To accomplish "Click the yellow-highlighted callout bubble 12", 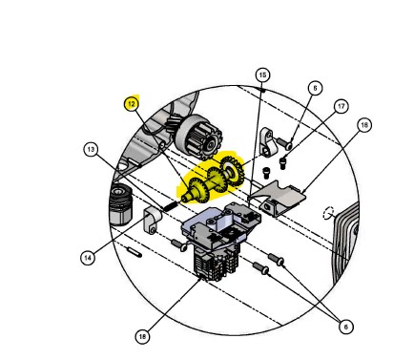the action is (x=132, y=104).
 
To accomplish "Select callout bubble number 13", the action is (x=91, y=149).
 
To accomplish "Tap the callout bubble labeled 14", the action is (x=88, y=258).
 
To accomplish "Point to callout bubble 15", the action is (x=262, y=75).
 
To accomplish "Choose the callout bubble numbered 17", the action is (x=341, y=106).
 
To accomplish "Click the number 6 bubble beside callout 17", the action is (x=315, y=88).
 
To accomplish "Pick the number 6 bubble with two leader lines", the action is (x=345, y=327).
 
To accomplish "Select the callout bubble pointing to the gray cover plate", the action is (x=364, y=125).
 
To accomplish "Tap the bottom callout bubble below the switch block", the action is (x=142, y=336).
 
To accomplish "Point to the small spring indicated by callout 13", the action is (x=171, y=206).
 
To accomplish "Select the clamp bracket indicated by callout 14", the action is (x=152, y=220).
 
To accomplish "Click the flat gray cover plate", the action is (x=277, y=198).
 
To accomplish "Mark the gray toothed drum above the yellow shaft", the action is (x=199, y=137).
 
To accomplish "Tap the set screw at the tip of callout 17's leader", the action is (x=282, y=163).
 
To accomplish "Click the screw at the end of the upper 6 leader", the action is (x=284, y=143).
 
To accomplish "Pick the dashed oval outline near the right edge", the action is (x=328, y=213).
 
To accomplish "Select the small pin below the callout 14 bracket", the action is (x=134, y=252).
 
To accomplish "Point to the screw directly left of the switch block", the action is (x=178, y=245).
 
